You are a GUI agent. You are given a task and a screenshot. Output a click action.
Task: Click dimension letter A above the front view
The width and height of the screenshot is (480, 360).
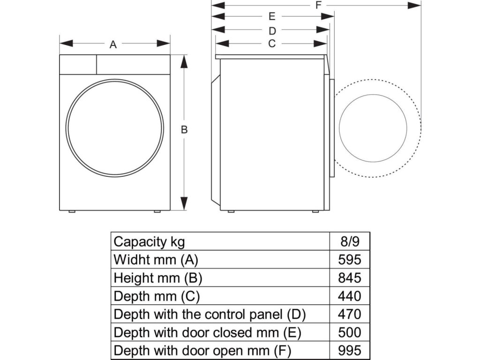[x=113, y=45]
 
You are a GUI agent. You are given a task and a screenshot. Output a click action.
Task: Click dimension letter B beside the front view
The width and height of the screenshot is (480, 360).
[x=185, y=130]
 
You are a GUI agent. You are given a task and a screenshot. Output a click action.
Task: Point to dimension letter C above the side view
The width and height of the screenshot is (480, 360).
[x=271, y=44]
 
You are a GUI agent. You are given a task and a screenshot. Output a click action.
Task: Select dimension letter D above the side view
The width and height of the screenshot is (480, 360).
[x=272, y=31]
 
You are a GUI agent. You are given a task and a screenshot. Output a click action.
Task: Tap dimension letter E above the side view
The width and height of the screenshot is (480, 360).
[x=272, y=17]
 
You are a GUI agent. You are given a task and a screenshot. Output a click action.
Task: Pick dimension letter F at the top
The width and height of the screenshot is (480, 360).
[x=318, y=5]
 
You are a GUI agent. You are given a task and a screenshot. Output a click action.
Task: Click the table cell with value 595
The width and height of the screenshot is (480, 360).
[x=350, y=260]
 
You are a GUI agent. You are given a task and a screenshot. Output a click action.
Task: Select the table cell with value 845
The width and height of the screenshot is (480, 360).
[x=350, y=277]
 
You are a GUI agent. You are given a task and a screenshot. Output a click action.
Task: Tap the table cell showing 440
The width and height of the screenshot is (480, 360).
[x=350, y=296]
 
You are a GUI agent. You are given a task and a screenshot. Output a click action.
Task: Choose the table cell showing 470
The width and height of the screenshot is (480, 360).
[x=350, y=314]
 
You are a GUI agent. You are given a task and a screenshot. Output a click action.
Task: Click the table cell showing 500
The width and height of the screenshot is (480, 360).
[x=350, y=332]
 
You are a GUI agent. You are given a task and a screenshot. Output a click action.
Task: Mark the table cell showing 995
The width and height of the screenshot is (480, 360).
[x=350, y=351]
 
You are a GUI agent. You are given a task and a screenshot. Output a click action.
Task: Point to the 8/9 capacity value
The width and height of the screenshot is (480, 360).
[x=350, y=242]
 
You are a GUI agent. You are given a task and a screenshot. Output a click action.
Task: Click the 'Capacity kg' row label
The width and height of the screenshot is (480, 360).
[x=150, y=242]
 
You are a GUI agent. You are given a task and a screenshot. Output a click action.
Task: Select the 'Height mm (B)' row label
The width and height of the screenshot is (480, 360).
[x=158, y=277]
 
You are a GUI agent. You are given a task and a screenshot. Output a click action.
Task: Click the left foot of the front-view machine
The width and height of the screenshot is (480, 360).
[x=72, y=212]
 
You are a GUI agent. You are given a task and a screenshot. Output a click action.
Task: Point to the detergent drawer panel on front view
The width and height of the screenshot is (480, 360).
[x=78, y=65]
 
